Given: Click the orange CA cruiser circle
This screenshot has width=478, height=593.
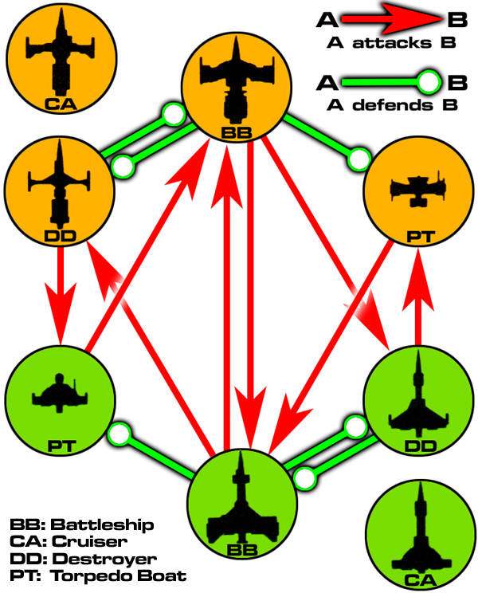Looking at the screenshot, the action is (x=61, y=58).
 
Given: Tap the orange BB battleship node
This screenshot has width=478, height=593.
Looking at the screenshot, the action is (x=237, y=87).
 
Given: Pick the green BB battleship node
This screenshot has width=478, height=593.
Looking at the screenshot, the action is (x=242, y=505).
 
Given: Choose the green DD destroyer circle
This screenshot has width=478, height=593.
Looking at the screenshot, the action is (x=418, y=400).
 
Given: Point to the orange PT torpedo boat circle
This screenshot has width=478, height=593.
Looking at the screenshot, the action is (x=418, y=191).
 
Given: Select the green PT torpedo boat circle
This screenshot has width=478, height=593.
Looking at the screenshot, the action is (x=60, y=400).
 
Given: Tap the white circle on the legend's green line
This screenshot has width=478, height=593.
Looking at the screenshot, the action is (x=429, y=82).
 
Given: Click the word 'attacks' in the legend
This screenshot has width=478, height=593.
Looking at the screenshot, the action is (x=392, y=43).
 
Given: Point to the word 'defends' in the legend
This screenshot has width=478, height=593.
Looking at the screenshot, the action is (x=393, y=105).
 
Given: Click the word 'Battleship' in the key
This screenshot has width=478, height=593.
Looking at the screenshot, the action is (x=103, y=525).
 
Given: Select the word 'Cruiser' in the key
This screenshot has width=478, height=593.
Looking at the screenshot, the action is (x=89, y=541).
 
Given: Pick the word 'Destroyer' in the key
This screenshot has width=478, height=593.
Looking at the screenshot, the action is (x=104, y=559).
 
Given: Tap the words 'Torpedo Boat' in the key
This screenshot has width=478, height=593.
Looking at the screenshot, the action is (x=118, y=576).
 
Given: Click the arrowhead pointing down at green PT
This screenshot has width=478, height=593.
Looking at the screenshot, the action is (x=61, y=314).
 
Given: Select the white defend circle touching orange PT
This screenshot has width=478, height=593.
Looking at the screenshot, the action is (x=359, y=159).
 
